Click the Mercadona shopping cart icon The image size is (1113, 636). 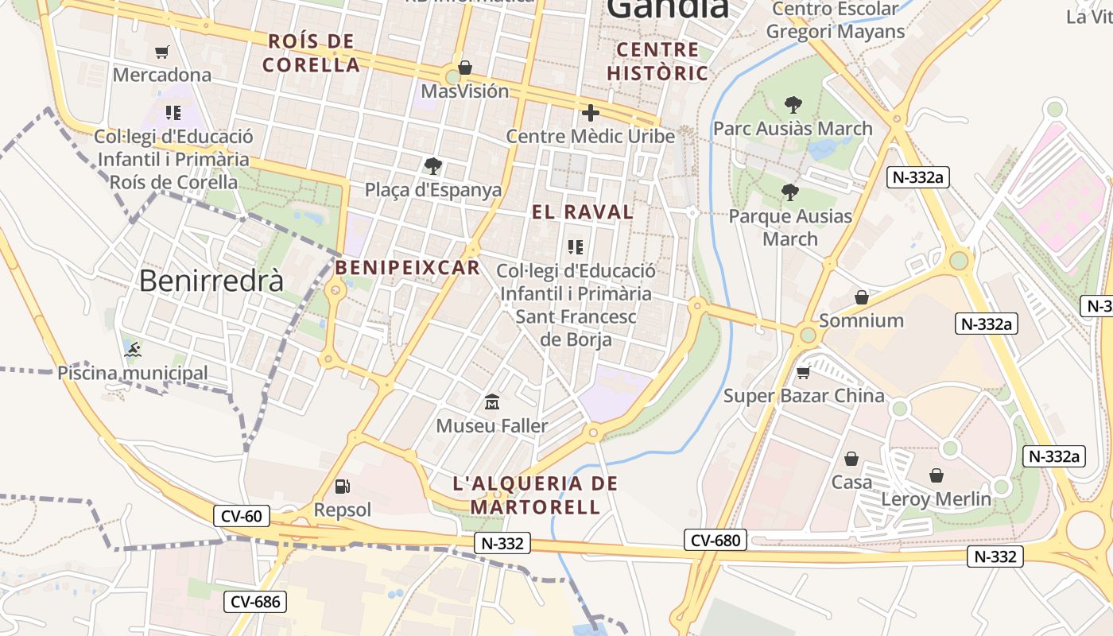162,52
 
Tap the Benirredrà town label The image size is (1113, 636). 211,281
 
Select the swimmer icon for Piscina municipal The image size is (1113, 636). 133,349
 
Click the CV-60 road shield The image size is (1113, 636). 242,516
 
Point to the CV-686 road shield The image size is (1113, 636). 255,602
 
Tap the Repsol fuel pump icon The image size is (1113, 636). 342,486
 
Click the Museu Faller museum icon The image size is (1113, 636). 492,402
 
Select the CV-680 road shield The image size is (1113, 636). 715,541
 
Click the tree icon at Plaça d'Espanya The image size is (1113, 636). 432,166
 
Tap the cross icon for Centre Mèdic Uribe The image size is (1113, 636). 590,113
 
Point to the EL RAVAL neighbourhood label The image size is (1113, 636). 583,212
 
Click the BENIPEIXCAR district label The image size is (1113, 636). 408,268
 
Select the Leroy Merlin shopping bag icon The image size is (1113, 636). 937,475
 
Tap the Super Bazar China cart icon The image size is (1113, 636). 803,372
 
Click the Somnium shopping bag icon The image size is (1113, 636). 861,297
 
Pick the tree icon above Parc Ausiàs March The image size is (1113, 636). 793,104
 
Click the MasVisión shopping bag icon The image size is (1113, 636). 464,68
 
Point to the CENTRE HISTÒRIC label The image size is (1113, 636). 657,61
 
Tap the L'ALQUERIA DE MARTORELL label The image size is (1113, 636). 535,494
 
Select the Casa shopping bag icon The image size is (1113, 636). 851,459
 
